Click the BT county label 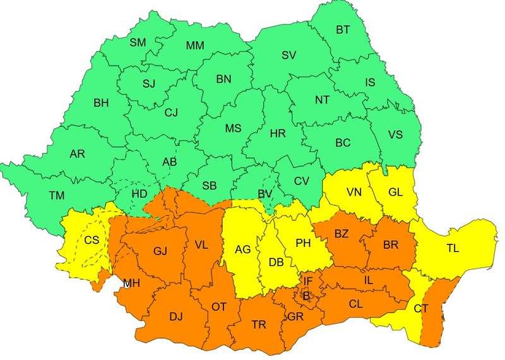coord(343,30)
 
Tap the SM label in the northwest coord(138,43)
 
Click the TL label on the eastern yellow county coord(453,248)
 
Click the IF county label coord(307,280)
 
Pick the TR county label coord(259,325)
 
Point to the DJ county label coord(175,316)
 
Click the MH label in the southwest coord(131,283)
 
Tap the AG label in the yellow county coord(243,249)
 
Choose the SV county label coord(288,56)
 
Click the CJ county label coord(172,112)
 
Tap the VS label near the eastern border coord(395,135)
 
